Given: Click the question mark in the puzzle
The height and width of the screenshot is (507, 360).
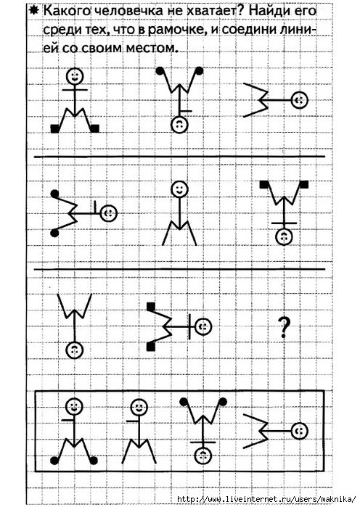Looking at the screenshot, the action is coord(284,327).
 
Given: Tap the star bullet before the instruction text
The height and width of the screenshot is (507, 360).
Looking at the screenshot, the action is coord(33,12).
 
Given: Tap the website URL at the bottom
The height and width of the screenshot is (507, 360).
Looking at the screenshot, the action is coord(267,499).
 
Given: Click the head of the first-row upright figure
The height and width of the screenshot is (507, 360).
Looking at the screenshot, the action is coord(75,77).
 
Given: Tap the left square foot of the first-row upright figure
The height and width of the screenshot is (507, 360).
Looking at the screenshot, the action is coord(55,128).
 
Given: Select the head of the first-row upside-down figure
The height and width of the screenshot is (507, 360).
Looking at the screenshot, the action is coord(179,125).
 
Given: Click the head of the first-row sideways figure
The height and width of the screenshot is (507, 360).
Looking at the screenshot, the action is coord(299,100).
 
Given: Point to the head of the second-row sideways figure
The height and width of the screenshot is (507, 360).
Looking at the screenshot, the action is coord(109,213).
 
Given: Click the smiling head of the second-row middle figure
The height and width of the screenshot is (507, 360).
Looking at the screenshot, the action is coord(179,189).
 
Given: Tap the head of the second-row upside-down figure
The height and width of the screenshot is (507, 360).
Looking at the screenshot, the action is coord(284,237).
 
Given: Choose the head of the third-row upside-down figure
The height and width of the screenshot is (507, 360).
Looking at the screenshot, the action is coord(75,350).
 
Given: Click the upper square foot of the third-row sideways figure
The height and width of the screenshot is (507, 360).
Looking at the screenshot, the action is coord(151,306).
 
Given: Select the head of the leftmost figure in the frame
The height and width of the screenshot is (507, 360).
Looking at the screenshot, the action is coord(74,406).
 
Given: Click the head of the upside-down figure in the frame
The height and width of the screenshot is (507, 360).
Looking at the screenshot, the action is coord(202,456).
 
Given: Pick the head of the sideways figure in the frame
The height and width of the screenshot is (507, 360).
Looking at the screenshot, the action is coord(299,431).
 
